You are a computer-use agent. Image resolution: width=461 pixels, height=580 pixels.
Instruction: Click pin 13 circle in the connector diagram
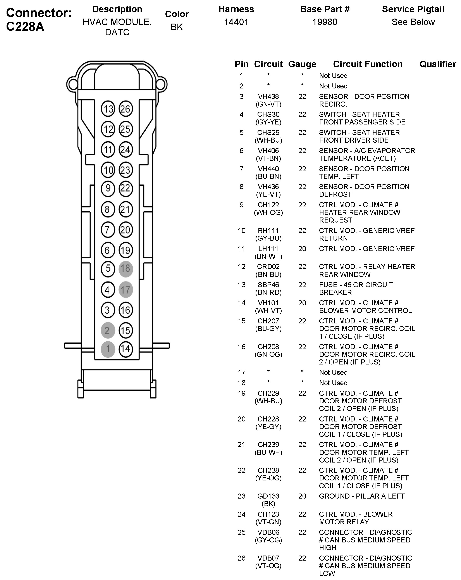(x=108, y=109)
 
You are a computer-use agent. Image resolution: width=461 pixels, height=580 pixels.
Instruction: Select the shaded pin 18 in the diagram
(x=126, y=268)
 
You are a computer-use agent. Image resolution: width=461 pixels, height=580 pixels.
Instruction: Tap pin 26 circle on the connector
(x=126, y=109)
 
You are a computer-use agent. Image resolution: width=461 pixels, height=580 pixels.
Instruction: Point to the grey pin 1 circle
(x=108, y=349)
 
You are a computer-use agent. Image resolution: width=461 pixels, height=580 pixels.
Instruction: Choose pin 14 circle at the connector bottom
(x=126, y=349)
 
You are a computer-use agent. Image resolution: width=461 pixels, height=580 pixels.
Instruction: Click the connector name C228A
(x=25, y=27)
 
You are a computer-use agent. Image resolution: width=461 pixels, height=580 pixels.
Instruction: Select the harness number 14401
(x=236, y=22)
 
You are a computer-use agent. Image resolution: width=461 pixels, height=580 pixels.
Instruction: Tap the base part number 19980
(x=324, y=22)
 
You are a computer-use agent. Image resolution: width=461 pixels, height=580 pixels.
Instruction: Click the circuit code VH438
(x=268, y=97)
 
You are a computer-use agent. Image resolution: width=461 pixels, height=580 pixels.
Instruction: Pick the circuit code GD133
(x=268, y=496)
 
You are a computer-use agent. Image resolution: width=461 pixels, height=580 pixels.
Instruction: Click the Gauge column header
(x=302, y=64)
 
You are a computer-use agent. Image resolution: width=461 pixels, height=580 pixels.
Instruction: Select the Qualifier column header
(x=438, y=64)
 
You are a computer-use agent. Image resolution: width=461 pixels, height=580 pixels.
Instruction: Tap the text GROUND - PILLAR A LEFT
(x=361, y=496)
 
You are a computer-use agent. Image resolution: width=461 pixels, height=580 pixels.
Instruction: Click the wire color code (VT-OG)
(x=268, y=566)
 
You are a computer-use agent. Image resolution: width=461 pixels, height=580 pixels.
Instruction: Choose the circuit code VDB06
(x=268, y=532)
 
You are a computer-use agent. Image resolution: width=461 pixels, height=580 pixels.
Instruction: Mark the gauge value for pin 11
(x=302, y=249)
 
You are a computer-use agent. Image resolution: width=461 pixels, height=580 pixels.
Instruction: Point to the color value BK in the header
(x=177, y=27)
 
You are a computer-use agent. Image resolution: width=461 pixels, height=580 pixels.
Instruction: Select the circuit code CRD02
(x=268, y=267)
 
